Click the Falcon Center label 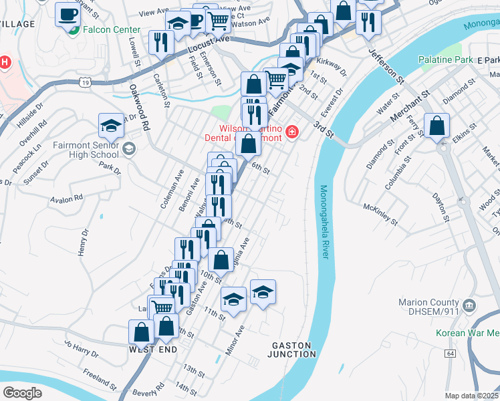(112, 30)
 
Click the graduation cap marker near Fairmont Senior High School (112, 125)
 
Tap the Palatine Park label (445, 60)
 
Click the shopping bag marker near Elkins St (436, 126)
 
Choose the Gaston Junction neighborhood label (291, 350)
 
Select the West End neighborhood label (153, 350)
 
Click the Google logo (22, 392)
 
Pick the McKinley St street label (380, 213)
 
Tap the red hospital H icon (4, 63)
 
